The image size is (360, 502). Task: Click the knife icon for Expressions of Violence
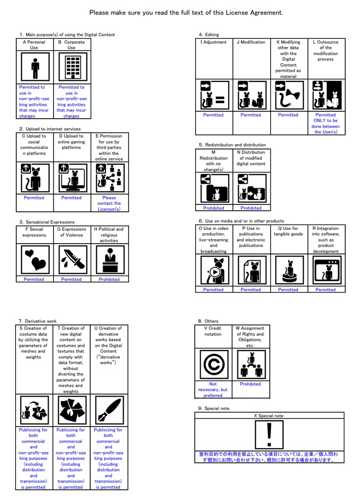72,260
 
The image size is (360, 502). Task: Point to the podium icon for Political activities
109,260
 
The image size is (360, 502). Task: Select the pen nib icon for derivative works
108,410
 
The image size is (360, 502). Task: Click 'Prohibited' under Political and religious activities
109,279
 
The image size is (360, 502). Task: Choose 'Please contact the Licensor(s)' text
109,203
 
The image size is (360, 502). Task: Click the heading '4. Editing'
209,35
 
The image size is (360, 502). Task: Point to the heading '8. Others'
208,321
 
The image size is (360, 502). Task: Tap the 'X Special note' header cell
269,416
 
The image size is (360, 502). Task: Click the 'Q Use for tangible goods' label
288,231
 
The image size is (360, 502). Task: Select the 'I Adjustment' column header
213,42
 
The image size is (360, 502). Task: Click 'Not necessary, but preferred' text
213,390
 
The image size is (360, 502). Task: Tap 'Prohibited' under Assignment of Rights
251,384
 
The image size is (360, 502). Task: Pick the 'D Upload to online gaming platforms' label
71,142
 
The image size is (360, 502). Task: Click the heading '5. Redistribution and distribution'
232,145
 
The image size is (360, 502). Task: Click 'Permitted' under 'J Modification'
251,115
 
